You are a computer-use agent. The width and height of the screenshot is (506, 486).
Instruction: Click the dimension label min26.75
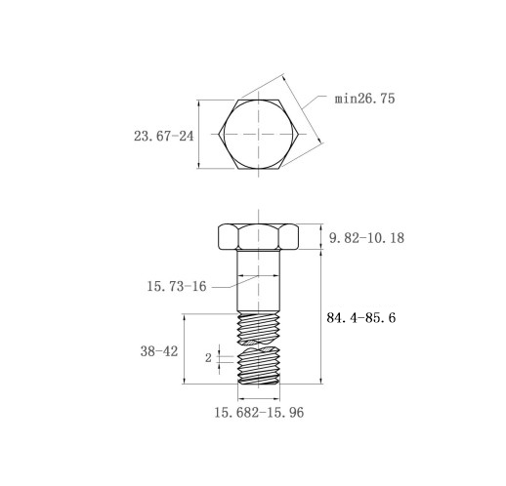364,99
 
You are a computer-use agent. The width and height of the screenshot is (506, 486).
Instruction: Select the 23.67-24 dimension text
163,136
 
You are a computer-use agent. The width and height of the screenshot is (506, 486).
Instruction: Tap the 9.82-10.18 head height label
366,238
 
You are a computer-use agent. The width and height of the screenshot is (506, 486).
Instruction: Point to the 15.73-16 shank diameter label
177,287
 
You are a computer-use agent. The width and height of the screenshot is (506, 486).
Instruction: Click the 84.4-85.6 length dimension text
361,317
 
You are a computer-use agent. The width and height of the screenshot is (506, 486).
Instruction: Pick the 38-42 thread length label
159,351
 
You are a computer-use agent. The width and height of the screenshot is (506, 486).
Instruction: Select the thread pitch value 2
208,358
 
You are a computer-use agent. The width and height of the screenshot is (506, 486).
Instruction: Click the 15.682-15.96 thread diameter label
259,413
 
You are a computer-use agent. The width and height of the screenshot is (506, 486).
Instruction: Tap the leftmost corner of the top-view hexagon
219,134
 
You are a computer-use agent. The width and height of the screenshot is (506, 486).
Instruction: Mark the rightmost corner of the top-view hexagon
299,134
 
